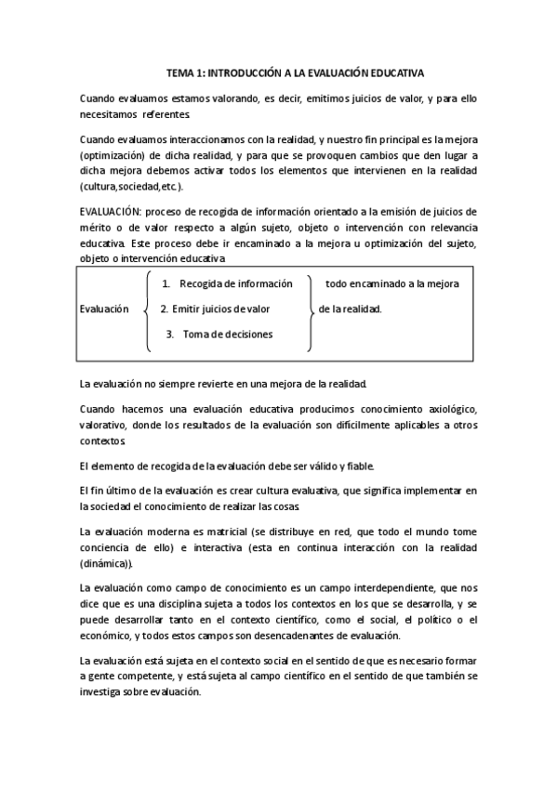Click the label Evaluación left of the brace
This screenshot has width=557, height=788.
104,309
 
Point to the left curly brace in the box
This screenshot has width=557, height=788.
147,309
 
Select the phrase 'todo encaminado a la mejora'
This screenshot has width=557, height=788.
391,283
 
